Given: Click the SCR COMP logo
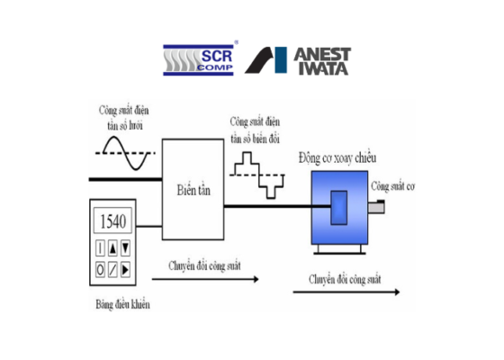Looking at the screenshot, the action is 199,59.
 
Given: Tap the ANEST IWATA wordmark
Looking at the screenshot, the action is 322,61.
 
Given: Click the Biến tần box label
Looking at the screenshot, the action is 193,190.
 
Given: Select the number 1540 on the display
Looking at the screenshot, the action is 112,221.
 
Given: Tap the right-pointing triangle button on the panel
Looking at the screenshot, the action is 125,269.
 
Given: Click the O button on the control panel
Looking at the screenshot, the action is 100,269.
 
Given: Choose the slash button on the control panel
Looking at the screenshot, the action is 112,269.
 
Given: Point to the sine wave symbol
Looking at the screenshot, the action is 125,153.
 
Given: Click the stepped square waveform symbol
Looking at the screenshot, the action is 257,175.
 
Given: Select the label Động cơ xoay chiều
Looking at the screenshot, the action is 337,158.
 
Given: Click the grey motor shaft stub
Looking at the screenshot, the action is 376,207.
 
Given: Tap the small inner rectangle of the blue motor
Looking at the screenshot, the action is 339,208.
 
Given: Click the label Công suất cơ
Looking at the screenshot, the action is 392,186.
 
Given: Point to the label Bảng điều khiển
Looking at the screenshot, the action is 122,304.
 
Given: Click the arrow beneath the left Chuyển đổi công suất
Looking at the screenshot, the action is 205,279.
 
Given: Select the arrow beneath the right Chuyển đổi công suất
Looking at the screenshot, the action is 346,292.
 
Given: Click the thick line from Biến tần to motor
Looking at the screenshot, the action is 277,206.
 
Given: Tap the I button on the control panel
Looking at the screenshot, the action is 100,248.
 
